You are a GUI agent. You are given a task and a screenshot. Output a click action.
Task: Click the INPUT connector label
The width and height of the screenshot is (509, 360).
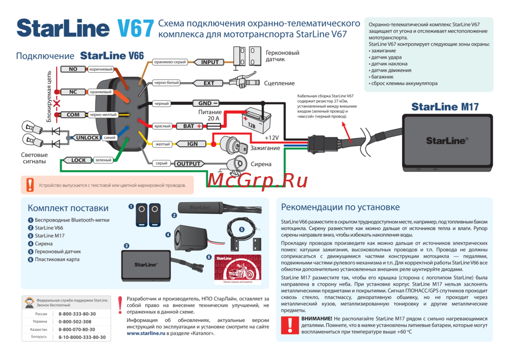click(x=210, y=62)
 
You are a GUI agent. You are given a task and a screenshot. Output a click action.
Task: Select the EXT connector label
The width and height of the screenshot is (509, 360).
click(x=209, y=83)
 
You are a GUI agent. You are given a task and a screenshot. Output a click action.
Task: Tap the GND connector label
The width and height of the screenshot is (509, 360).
click(x=205, y=103)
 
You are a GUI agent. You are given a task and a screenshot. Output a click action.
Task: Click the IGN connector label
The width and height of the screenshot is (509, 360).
click(x=192, y=144)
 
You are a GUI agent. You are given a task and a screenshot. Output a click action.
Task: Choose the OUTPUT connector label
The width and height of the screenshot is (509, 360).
click(x=188, y=164)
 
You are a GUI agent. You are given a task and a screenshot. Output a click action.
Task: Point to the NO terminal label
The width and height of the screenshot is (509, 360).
click(x=73, y=69)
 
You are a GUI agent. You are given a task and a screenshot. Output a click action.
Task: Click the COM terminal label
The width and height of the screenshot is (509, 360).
click(x=73, y=115)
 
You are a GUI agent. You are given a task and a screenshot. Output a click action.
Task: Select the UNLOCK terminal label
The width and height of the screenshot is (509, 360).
click(x=88, y=137)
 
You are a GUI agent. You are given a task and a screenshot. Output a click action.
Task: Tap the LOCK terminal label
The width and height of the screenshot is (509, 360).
click(x=78, y=160)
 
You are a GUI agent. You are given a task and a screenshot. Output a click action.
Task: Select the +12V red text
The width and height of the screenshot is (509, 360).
click(x=272, y=139)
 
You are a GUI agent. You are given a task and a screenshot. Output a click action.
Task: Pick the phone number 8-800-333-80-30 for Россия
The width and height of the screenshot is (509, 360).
click(x=77, y=314)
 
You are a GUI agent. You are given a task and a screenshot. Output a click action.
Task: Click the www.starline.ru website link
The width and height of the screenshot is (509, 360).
click(x=146, y=333)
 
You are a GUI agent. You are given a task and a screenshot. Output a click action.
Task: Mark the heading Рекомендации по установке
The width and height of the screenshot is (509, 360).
click(x=340, y=207)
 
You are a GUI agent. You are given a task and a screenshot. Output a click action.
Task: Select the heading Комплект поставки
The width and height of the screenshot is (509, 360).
click(x=68, y=208)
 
